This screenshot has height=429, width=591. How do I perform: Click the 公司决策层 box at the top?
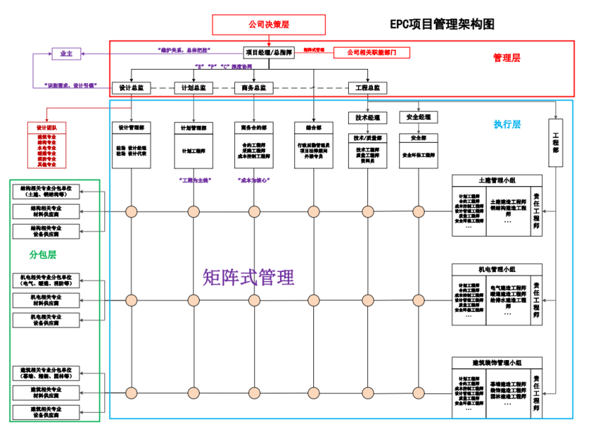[x=269, y=24]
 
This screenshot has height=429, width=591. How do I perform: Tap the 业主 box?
[x=66, y=53]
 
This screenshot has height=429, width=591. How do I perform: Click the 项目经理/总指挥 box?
[x=269, y=53]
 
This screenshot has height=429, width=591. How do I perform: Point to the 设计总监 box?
[x=131, y=88]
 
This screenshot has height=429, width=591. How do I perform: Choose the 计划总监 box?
[x=193, y=88]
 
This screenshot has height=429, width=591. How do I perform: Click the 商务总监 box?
[x=254, y=88]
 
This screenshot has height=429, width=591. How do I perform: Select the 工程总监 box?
[x=367, y=88]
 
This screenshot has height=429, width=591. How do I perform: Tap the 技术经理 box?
[x=367, y=117]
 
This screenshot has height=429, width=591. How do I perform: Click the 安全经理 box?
[x=418, y=117]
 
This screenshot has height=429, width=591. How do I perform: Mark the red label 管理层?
[x=506, y=58]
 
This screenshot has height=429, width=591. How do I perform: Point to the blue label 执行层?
[x=506, y=124]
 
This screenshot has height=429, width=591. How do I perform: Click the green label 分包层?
[x=43, y=254]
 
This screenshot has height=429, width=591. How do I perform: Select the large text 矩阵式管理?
[x=248, y=277]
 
